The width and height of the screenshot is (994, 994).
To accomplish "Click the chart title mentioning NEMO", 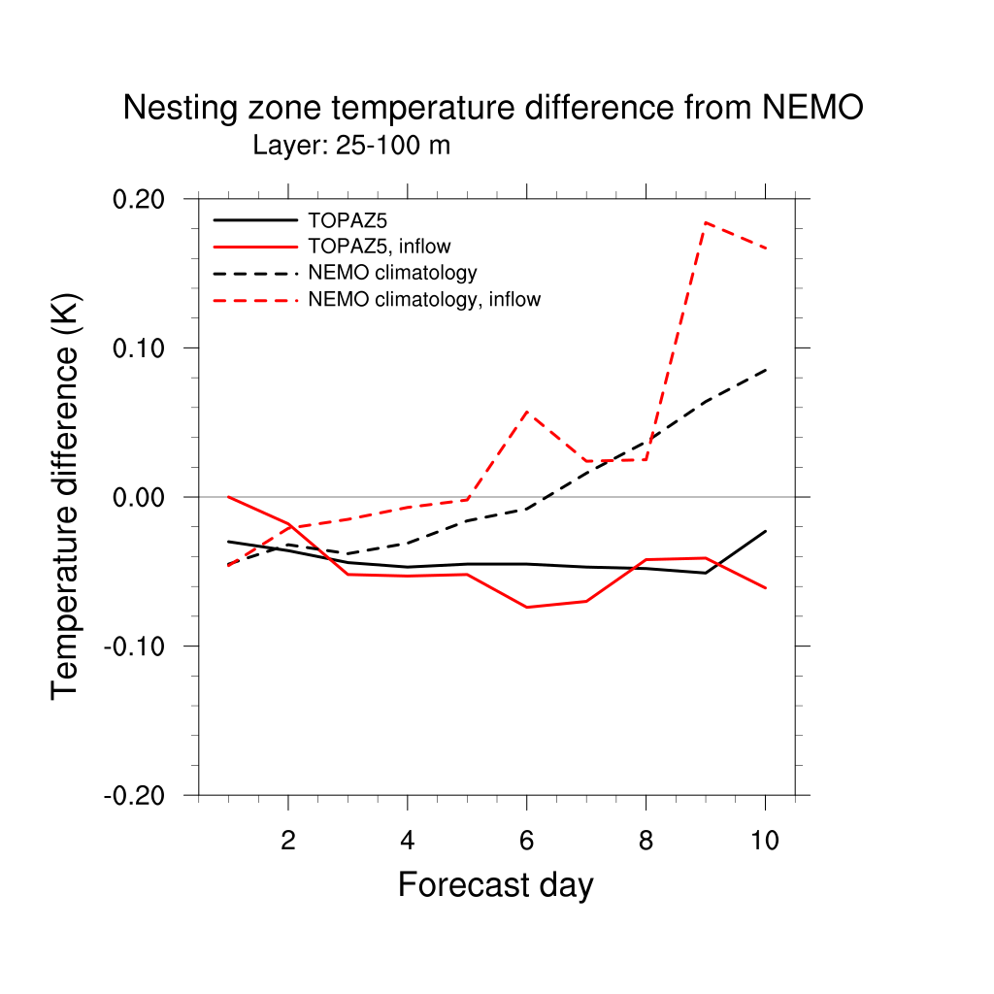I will point(492,109).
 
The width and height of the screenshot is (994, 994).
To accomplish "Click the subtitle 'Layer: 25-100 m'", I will point(351,147).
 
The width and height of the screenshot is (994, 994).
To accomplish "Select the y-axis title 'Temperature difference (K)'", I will point(65,495).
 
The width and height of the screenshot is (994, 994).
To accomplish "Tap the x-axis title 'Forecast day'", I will point(495,885).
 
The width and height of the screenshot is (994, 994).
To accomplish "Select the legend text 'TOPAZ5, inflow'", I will point(380,247).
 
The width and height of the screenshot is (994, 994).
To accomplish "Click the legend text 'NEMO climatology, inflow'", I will point(424,300).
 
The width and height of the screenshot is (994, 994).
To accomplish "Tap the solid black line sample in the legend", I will point(254,220).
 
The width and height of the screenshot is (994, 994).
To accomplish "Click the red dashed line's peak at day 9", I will point(706,222).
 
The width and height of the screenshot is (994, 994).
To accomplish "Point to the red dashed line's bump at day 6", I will point(527,412).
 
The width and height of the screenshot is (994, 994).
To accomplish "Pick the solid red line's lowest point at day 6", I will point(527,607).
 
